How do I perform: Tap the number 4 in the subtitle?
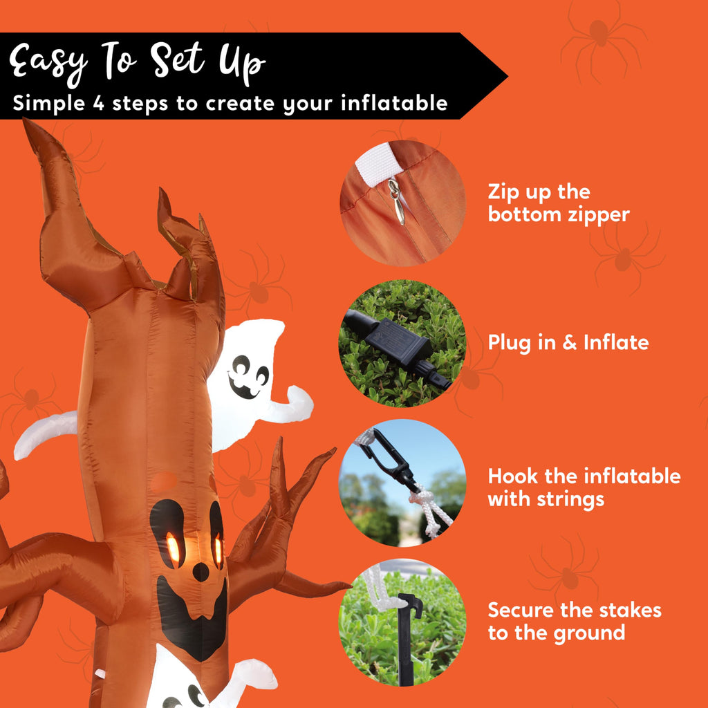point(99,104)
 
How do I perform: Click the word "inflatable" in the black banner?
point(394,103)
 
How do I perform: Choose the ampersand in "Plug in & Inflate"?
point(570,343)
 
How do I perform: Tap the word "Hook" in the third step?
point(513,476)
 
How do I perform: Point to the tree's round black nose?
point(201,572)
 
